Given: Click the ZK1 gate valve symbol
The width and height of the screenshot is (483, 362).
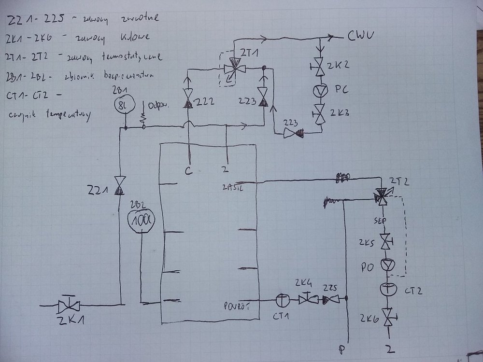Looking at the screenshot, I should pyautogui.click(x=68, y=305).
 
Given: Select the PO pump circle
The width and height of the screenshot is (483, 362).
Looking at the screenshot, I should pyautogui.click(x=387, y=265).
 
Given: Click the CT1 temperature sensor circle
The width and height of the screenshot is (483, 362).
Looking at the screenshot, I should pyautogui.click(x=281, y=300).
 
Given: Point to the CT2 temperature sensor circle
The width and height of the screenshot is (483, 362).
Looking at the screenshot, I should pyautogui.click(x=387, y=289).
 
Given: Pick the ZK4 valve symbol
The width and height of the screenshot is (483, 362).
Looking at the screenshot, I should pyautogui.click(x=307, y=299).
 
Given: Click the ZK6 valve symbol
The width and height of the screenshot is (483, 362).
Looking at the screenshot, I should pyautogui.click(x=387, y=316).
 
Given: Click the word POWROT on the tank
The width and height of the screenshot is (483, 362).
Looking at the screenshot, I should pyautogui.click(x=237, y=305).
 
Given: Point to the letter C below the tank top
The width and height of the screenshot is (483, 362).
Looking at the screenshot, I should pyautogui.click(x=190, y=169).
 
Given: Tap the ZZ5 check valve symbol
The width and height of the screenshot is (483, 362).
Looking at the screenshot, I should pyautogui.click(x=331, y=300).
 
